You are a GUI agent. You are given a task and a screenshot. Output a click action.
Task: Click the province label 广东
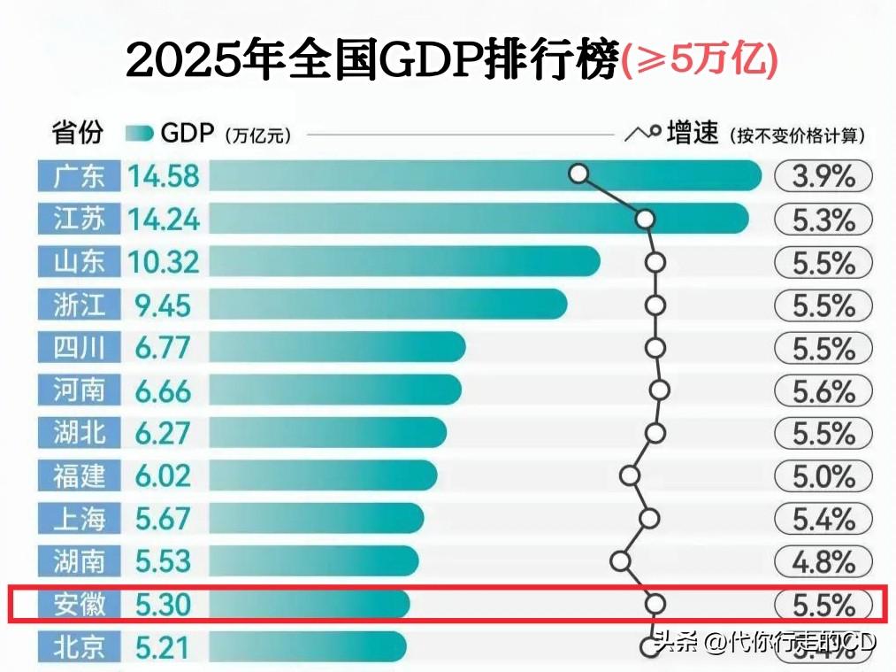(x=79, y=176)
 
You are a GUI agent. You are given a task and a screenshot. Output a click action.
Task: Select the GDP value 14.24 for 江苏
(x=164, y=219)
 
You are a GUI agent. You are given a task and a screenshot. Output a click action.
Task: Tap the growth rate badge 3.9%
(x=823, y=176)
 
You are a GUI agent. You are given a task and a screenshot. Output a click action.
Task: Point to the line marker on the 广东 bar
(x=578, y=174)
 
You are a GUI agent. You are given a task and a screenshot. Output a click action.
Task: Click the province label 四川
(x=79, y=347)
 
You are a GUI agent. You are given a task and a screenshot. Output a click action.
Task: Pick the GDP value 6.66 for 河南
(x=164, y=390)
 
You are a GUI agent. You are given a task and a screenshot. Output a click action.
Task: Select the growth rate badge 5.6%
(x=823, y=390)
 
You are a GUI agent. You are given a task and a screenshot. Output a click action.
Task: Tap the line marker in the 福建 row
(x=630, y=475)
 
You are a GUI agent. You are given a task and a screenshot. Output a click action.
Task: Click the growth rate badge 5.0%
(x=823, y=476)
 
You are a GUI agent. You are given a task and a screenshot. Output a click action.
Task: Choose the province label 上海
(x=79, y=518)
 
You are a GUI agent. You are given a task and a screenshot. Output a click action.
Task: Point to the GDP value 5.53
(x=164, y=560)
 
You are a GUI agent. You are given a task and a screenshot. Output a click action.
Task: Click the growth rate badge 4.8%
(x=823, y=561)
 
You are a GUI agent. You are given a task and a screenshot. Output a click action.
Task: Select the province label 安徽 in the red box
(x=79, y=604)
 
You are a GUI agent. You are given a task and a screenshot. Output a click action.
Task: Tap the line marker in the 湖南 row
(x=620, y=560)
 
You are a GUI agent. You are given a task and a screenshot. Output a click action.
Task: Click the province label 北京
(x=79, y=647)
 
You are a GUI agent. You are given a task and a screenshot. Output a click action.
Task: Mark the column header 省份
(x=78, y=134)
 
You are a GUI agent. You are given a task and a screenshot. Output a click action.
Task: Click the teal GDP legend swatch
(x=140, y=134)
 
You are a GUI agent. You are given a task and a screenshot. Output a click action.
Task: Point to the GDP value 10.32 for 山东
(x=164, y=262)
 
